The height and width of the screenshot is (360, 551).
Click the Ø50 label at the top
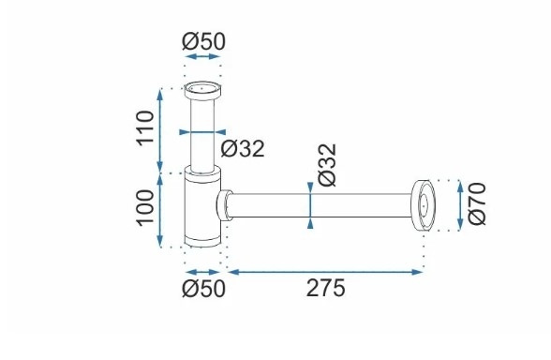(203, 41)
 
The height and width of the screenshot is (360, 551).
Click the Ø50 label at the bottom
(203, 289)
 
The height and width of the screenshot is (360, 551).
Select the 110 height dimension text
(145, 127)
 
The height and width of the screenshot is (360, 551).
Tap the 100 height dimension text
(145, 208)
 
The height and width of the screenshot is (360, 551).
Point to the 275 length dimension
(326, 289)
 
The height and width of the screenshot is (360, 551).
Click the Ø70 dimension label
(477, 204)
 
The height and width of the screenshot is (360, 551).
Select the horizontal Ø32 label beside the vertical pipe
(243, 149)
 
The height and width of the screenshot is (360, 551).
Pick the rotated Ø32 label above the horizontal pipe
(327, 165)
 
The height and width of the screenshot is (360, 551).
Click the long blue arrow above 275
(325, 272)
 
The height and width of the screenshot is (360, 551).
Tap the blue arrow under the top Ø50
(202, 56)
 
